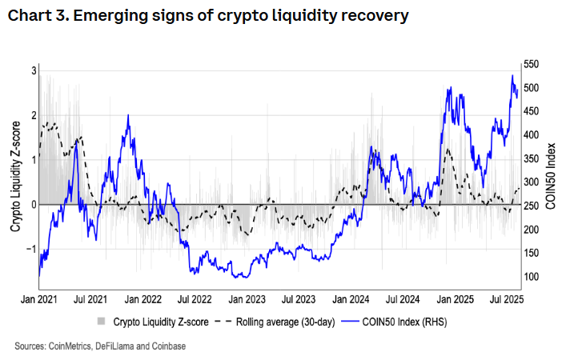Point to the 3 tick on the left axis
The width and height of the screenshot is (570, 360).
coord(34,70)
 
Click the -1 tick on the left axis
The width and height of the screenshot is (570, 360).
coord(31,249)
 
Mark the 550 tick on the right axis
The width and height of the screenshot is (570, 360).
coord(532,63)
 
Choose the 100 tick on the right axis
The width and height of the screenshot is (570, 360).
coord(532,277)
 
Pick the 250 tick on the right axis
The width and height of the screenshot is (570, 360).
coord(532,206)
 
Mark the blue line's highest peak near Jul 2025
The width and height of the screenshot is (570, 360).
coord(512,75)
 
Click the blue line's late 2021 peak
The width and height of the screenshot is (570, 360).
coord(128,115)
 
